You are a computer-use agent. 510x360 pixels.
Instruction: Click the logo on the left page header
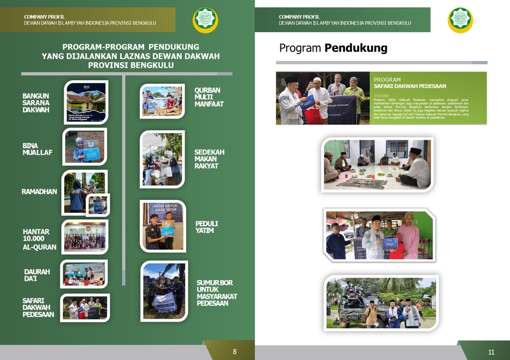[205, 20]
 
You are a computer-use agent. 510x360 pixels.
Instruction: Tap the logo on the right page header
[460, 20]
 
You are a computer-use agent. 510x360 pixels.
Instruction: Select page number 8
[235, 352]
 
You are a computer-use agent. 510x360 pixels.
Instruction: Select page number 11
[491, 352]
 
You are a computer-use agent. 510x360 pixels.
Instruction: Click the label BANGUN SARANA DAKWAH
[36, 103]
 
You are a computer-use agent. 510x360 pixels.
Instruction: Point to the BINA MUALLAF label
[37, 149]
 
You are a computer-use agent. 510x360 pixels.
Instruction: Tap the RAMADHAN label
[39, 192]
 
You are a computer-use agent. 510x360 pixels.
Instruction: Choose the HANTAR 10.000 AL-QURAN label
[39, 239]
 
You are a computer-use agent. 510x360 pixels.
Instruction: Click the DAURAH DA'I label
[37, 276]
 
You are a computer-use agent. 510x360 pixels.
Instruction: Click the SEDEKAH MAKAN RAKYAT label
[209, 159]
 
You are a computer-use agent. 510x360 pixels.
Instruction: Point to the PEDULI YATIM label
[207, 227]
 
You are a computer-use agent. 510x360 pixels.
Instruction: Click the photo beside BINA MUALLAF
[84, 147]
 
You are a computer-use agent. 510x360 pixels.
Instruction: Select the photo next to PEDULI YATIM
[164, 226]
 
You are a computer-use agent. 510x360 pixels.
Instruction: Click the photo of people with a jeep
[381, 303]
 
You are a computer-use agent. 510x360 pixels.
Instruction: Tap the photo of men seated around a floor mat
[377, 165]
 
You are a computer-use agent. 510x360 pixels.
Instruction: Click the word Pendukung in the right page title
[355, 48]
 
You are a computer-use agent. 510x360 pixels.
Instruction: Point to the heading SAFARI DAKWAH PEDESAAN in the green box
[410, 86]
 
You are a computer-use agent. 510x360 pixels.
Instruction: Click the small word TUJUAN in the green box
[381, 96]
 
